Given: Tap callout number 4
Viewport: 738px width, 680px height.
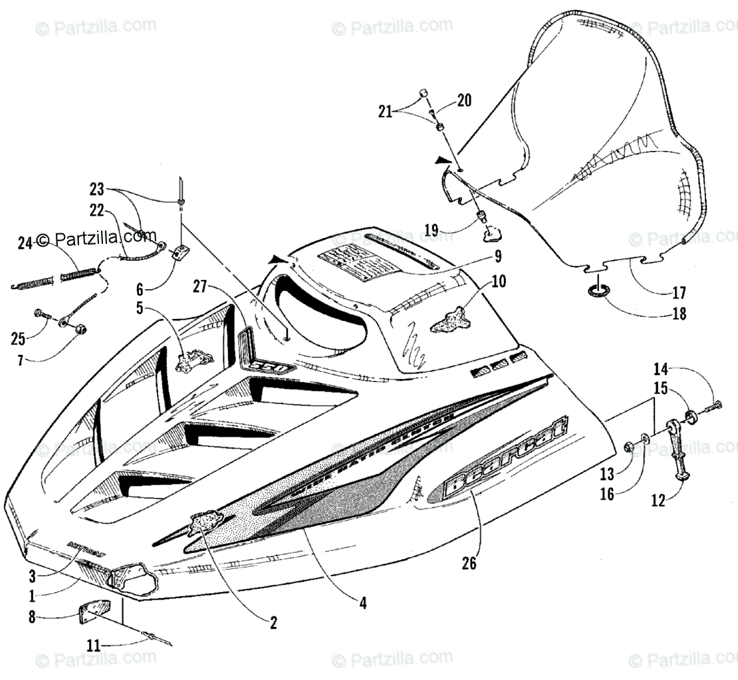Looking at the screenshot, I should click(x=363, y=604).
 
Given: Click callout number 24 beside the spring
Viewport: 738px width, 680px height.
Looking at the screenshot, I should click(x=25, y=243).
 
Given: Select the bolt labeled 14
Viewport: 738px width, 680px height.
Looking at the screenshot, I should click(x=715, y=405).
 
